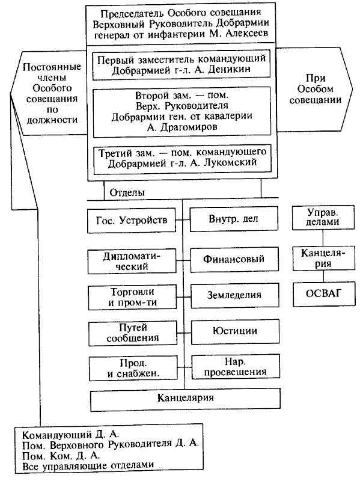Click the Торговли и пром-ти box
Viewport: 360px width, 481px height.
(x=132, y=296)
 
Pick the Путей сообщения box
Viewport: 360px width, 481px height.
(x=132, y=332)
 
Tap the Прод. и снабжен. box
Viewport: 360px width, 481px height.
(x=132, y=367)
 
